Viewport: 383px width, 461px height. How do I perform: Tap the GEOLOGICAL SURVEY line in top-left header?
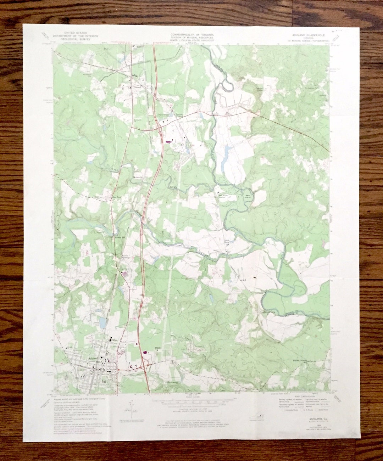75,39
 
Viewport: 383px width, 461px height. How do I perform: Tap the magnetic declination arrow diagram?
132,407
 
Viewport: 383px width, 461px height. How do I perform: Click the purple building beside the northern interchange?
168,141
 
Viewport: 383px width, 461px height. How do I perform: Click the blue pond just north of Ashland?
102,322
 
